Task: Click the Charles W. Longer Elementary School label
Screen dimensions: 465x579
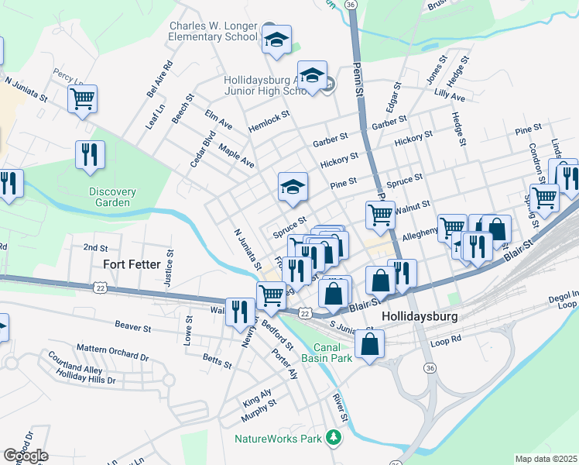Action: tap(213, 31)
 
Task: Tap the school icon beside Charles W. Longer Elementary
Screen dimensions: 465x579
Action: tap(276, 39)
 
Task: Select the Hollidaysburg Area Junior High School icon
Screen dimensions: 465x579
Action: tap(312, 76)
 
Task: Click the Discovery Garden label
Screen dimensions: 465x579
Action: tap(112, 197)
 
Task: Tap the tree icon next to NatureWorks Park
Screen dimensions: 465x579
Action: tap(334, 439)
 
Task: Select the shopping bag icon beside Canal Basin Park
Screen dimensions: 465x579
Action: tap(371, 345)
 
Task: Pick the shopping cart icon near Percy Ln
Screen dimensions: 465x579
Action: tap(82, 99)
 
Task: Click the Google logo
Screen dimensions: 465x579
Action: tap(26, 456)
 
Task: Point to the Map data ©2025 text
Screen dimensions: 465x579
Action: tap(546, 459)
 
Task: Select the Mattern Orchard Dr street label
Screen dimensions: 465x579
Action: tap(111, 357)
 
